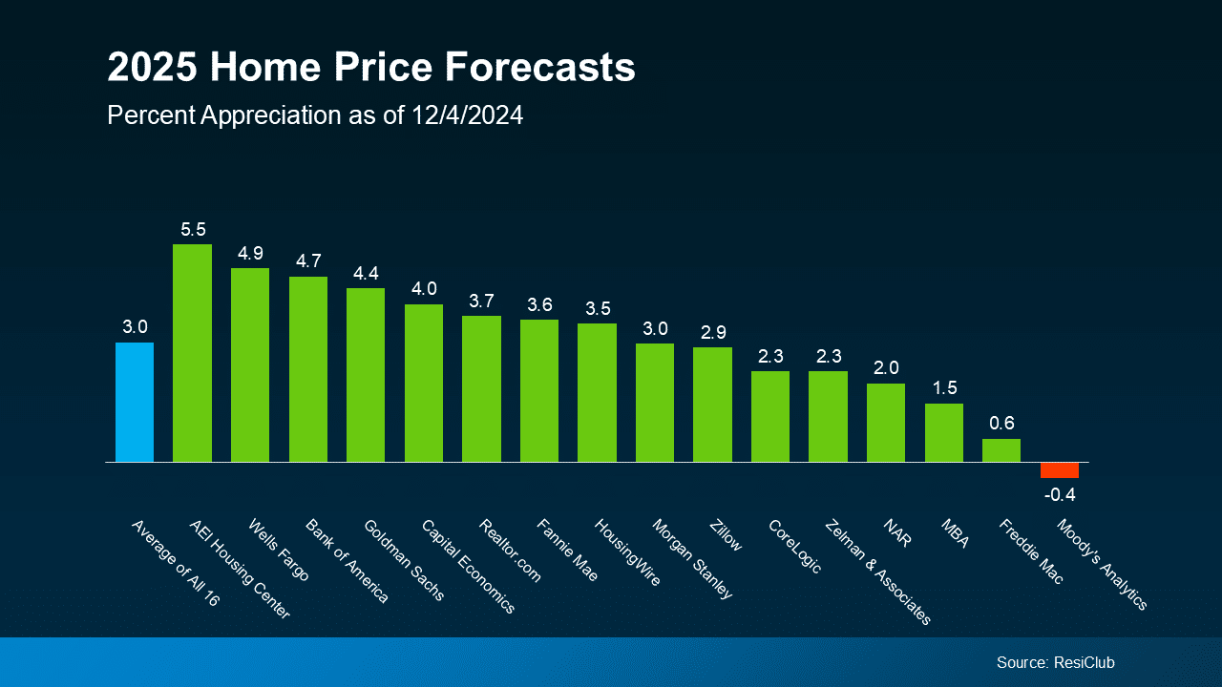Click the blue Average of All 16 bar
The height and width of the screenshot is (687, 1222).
[x=135, y=402]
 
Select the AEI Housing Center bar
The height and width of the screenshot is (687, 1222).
[x=192, y=353]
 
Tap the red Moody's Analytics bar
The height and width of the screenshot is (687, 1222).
[x=1060, y=470]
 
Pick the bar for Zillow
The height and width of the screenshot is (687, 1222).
[x=712, y=405]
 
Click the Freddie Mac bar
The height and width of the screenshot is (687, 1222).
[x=1001, y=450]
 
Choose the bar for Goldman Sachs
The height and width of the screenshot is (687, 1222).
[x=366, y=375]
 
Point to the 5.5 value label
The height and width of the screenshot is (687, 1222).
[x=193, y=230]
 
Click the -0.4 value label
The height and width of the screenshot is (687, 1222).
[x=1059, y=494]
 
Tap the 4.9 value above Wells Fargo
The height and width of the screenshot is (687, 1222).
[x=250, y=254]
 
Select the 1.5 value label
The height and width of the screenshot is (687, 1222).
[x=943, y=388]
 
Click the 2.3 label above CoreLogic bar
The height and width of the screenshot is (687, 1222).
[x=769, y=356]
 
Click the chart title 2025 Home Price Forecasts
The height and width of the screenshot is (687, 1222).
[x=370, y=69]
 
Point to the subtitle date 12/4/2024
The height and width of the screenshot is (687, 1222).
[x=468, y=115]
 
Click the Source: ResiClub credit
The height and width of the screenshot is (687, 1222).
[x=1055, y=662]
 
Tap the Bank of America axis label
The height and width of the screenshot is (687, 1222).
[x=347, y=561]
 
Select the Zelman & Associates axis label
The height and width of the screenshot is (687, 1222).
[x=876, y=572]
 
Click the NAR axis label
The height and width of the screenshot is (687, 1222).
[x=897, y=533]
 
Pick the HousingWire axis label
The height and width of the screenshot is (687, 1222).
[x=627, y=552]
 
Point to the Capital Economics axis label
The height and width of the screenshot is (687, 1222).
[x=468, y=567]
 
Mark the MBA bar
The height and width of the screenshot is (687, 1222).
[x=943, y=432]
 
